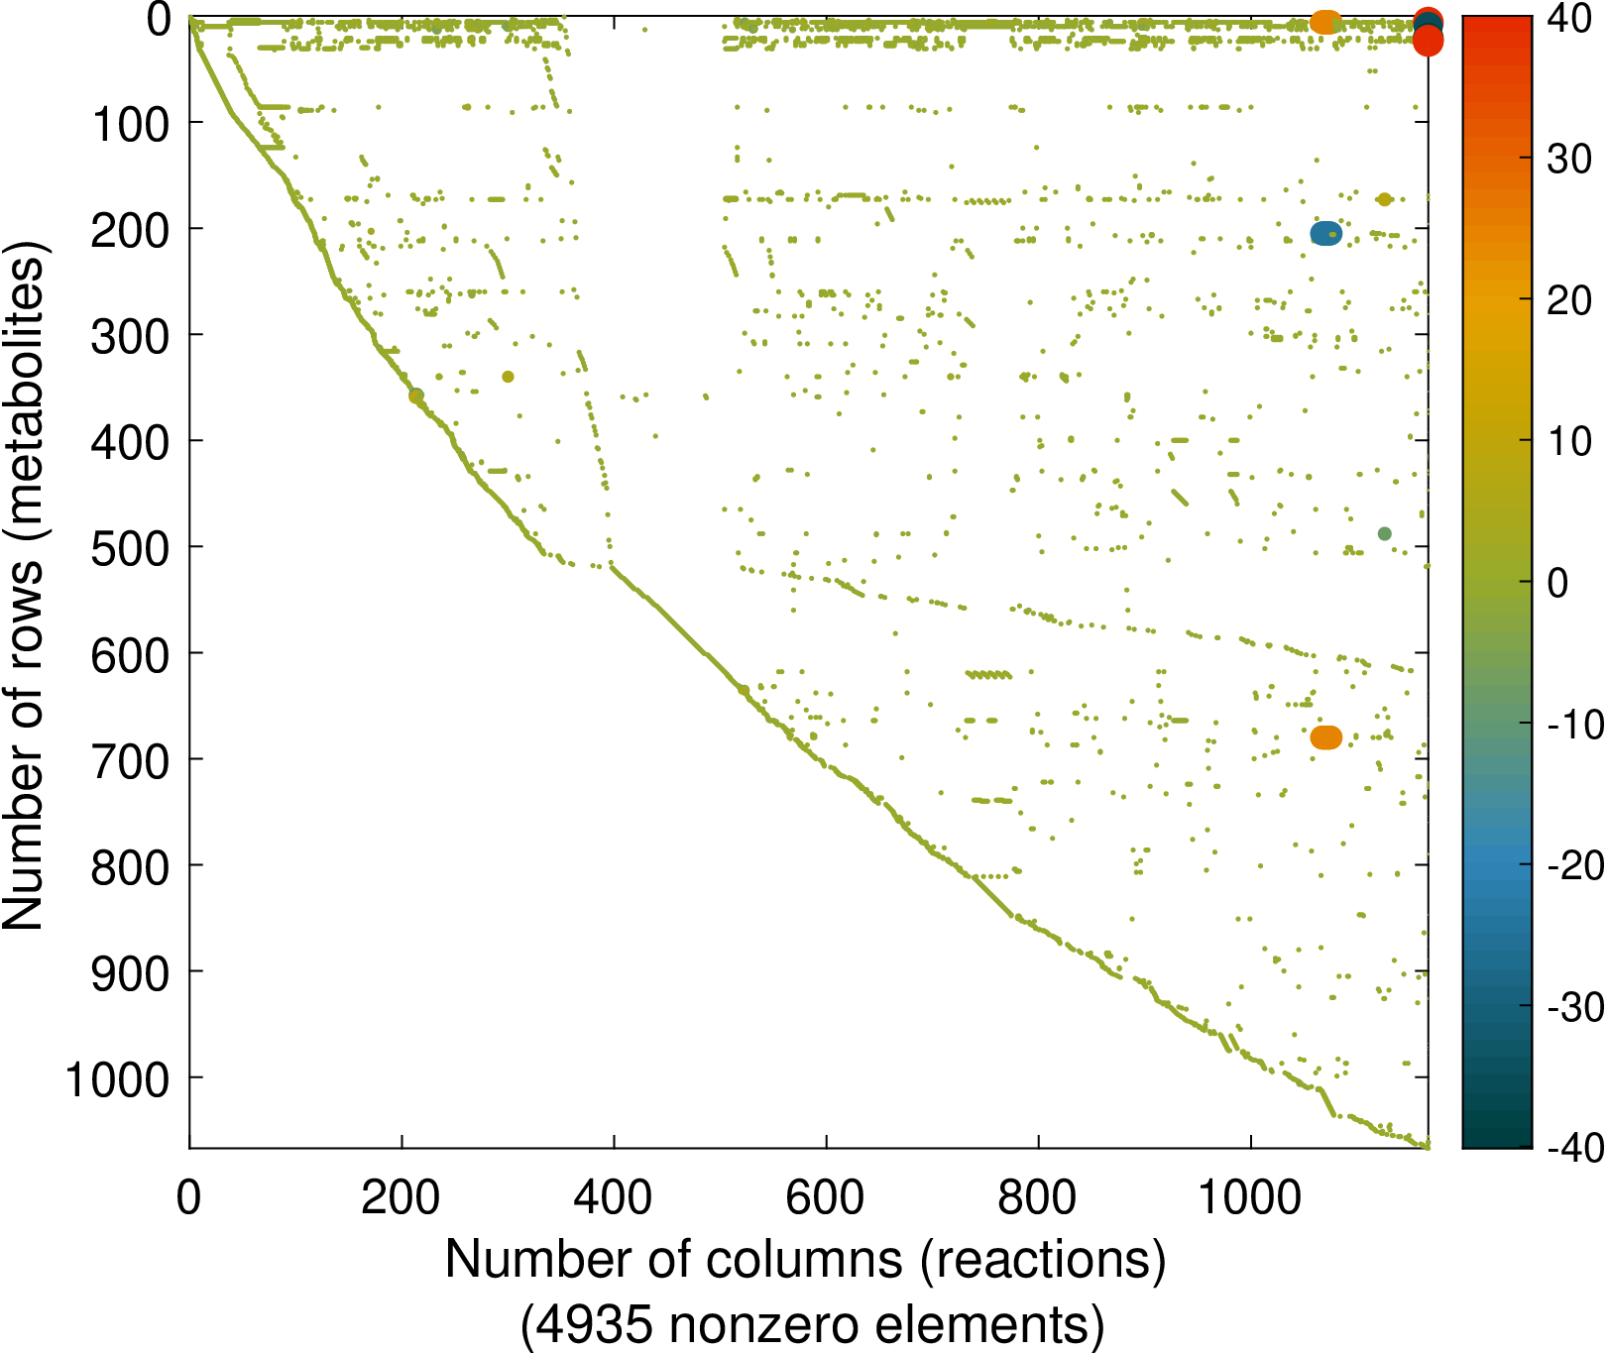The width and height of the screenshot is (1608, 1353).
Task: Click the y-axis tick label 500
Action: [130, 548]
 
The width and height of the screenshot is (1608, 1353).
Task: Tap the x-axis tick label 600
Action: [825, 1197]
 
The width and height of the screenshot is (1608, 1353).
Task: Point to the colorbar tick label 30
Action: [1569, 159]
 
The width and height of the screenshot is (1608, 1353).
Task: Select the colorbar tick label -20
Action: [1574, 865]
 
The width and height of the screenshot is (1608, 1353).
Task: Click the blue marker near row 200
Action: [1325, 234]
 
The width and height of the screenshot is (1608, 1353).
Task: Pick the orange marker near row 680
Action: [1325, 737]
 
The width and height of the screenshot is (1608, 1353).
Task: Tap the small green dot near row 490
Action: [1385, 534]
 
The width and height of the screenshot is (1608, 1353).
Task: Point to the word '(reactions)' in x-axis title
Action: [1043, 1260]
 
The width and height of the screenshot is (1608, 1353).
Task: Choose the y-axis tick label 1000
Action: [118, 1079]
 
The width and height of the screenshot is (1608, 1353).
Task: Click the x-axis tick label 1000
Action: [1250, 1197]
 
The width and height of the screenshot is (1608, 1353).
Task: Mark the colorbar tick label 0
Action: [1557, 583]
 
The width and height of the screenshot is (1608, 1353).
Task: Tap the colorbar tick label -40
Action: [1574, 1148]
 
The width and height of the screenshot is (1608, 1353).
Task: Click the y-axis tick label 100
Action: [130, 125]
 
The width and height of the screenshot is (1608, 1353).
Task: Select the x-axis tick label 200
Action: [401, 1197]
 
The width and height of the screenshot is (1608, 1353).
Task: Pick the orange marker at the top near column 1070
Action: [1325, 22]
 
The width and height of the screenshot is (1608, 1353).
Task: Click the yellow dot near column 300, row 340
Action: [508, 377]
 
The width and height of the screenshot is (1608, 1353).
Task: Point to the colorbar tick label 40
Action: [1569, 18]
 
